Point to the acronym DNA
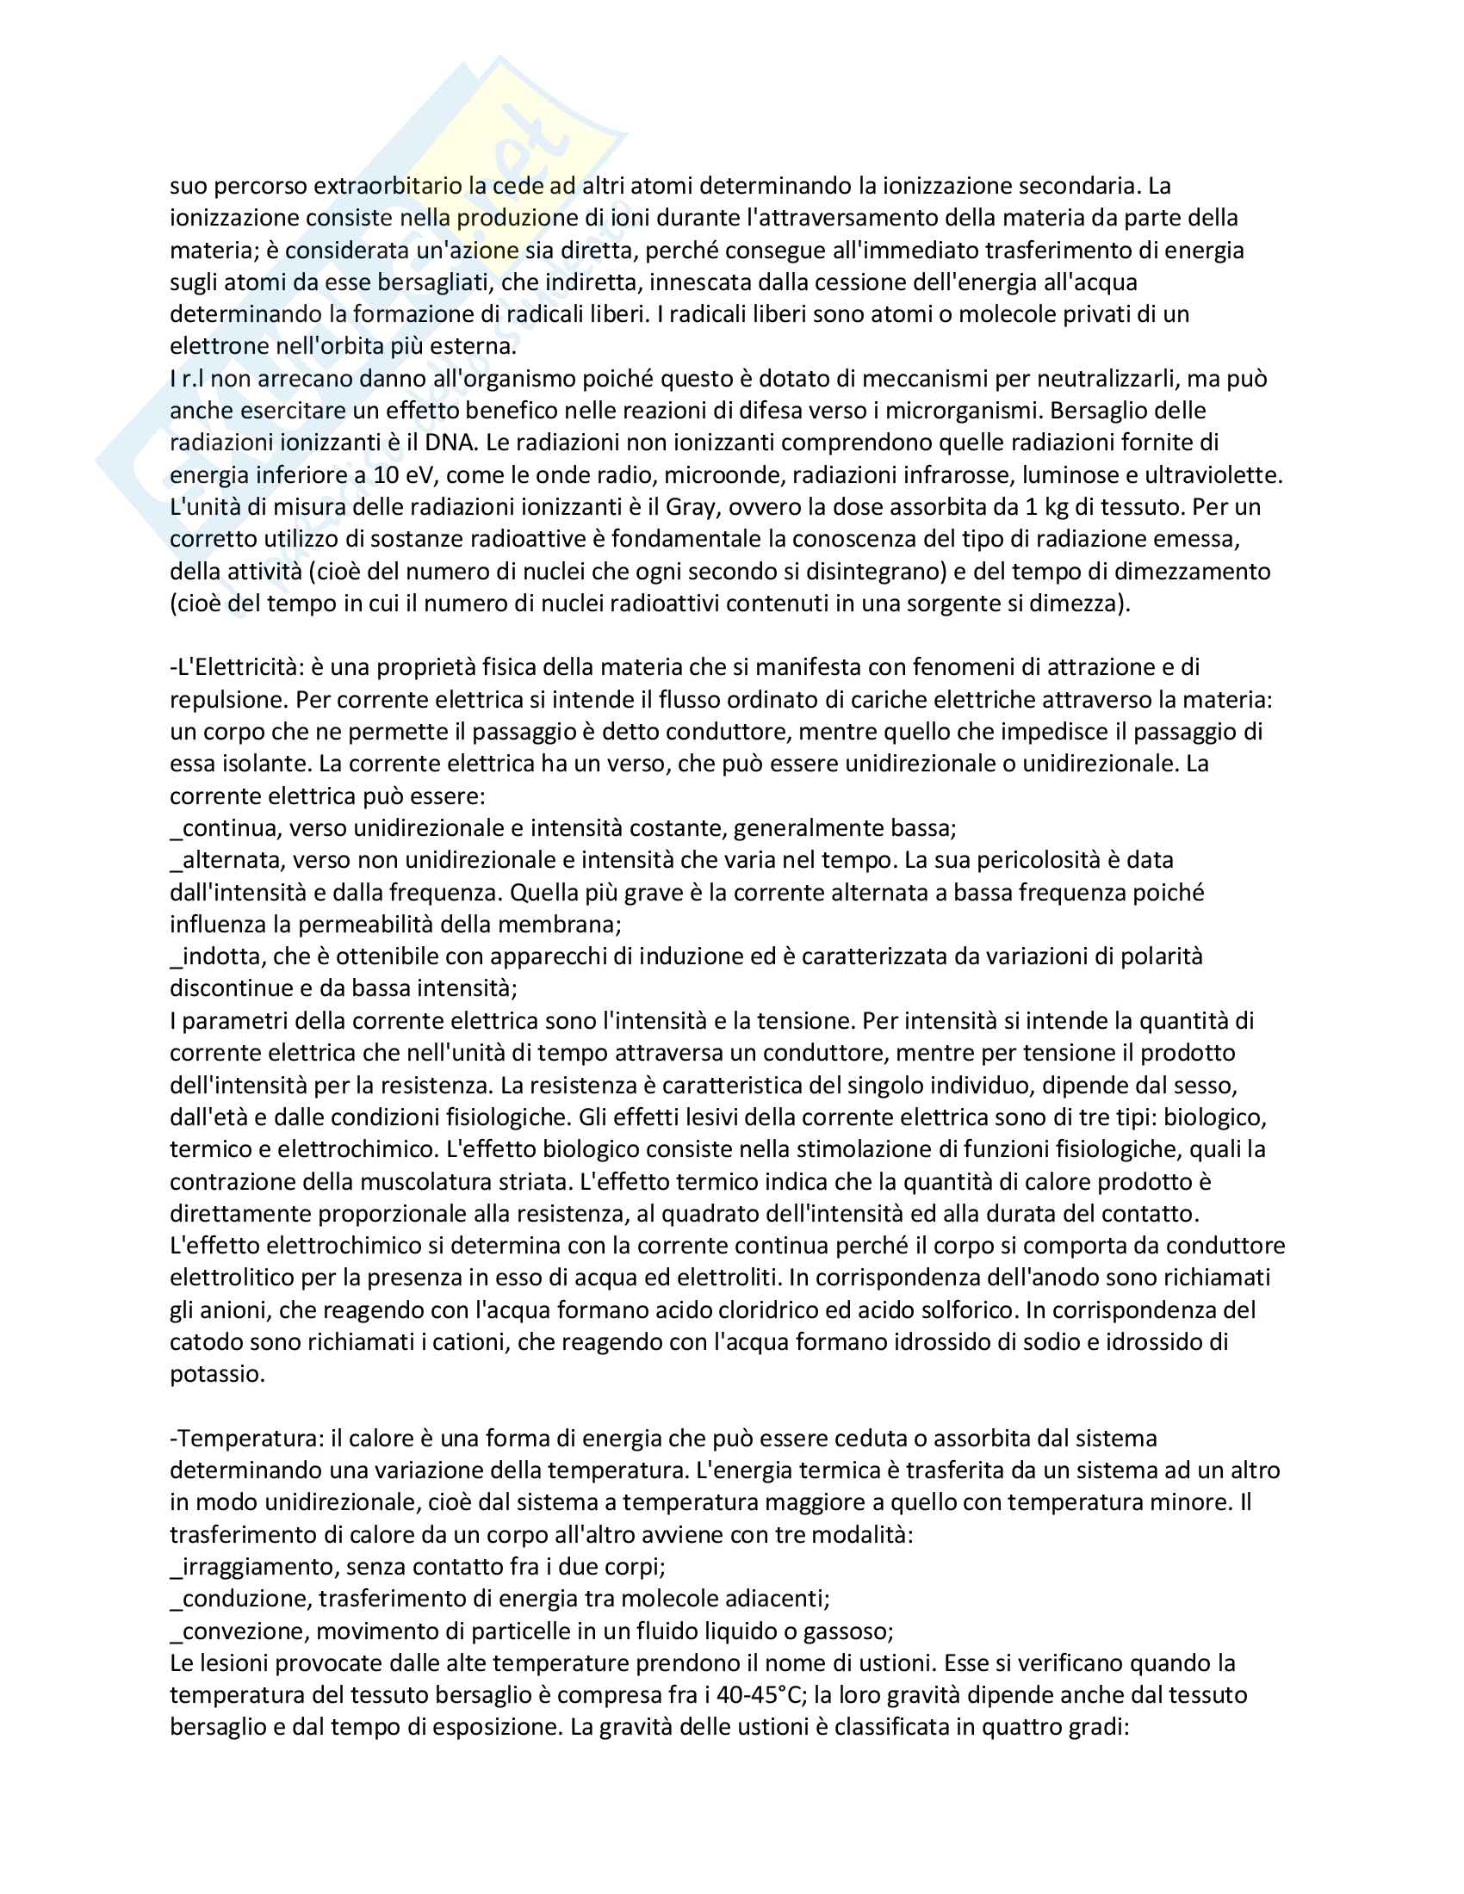(x=451, y=443)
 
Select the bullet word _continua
(x=223, y=828)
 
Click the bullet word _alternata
(x=227, y=860)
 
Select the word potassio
(x=217, y=1374)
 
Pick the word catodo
(x=206, y=1341)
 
